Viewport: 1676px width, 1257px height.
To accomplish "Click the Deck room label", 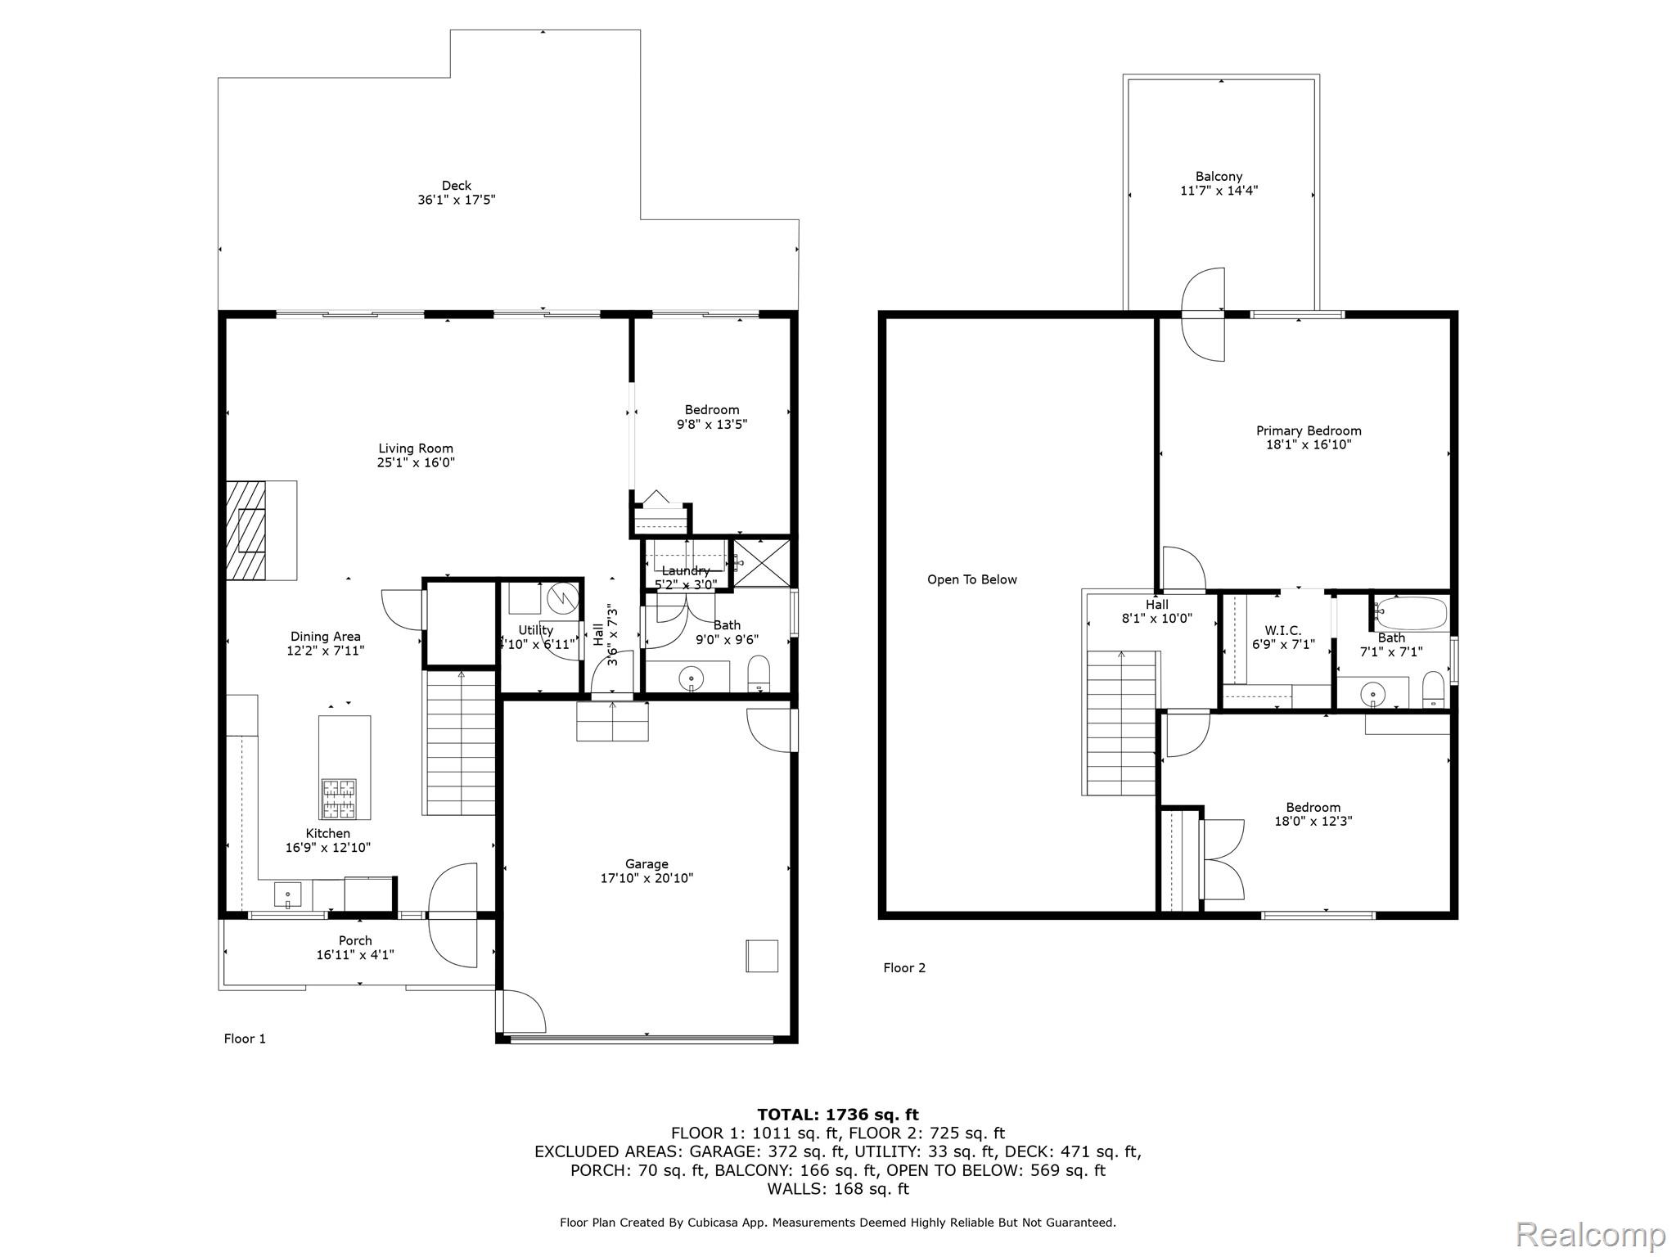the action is (456, 186).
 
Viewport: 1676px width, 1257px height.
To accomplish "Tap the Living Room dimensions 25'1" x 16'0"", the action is (416, 462).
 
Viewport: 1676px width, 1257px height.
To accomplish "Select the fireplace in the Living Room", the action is (261, 530).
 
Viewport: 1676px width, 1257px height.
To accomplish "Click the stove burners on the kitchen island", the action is (339, 799).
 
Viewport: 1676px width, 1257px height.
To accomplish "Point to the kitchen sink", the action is (287, 894).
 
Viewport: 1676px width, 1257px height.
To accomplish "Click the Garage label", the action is (647, 864).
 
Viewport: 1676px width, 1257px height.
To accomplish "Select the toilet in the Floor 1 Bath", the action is (759, 674).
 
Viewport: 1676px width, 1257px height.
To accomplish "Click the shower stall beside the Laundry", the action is (762, 562).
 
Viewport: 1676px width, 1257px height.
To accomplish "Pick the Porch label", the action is (355, 941).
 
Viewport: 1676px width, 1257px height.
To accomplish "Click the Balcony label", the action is (1219, 177).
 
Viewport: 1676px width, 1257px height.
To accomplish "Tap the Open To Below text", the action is (972, 579).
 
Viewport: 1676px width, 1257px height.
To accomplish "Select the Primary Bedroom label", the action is (1309, 430).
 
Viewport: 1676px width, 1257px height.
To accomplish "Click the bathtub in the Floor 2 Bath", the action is (1411, 613).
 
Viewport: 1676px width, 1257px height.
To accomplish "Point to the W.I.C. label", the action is (1282, 630).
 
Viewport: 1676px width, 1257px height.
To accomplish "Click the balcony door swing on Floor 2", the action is (1203, 314).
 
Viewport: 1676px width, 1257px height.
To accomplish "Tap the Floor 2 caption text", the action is (904, 968).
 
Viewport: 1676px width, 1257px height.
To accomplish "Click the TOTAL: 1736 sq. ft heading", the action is (838, 1115).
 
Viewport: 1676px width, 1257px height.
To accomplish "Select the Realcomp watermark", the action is (1591, 1233).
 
